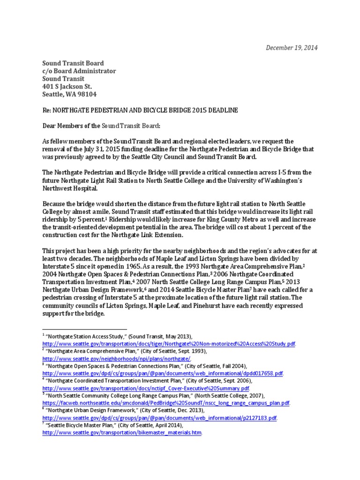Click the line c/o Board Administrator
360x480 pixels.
coord(79,71)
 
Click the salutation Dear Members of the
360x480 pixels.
coord(71,126)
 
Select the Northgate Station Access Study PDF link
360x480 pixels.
coord(169,344)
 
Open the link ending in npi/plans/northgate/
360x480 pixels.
coord(117,358)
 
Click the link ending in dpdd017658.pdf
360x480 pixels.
coord(163,373)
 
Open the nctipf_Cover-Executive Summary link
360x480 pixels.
coord(146,389)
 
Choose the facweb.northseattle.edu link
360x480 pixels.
coord(166,403)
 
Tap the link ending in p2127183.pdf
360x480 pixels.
coord(159,418)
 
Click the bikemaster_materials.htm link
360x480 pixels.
coord(122,433)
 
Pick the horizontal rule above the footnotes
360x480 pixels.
coord(84,330)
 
